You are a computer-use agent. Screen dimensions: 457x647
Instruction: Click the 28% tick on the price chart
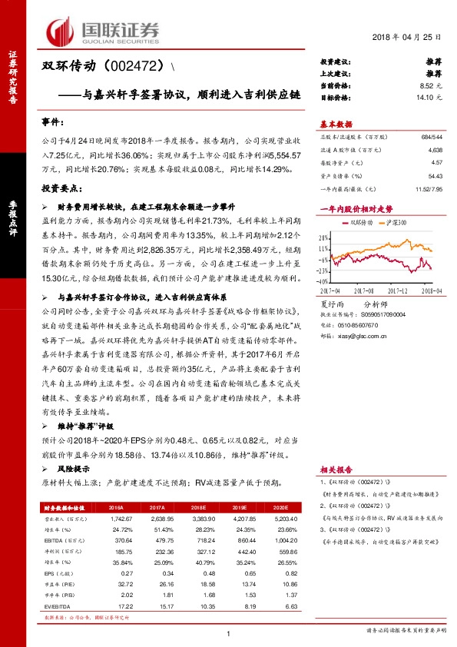pos(326,237)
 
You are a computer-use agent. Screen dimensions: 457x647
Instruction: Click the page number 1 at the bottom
pos(228,633)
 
